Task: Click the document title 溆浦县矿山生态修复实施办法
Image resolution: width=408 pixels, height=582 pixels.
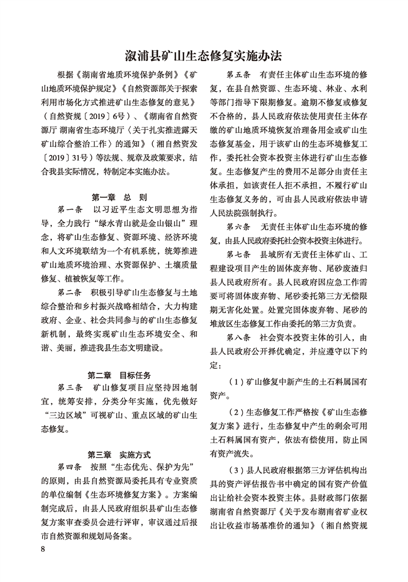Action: point(204,56)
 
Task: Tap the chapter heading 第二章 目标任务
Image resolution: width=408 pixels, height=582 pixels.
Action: point(120,374)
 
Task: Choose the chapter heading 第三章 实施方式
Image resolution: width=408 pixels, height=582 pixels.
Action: point(120,454)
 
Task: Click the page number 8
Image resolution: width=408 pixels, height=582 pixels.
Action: point(43,549)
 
